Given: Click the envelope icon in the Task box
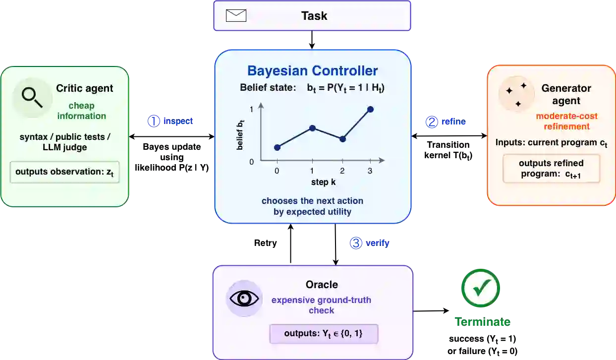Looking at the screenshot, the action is coord(236,15).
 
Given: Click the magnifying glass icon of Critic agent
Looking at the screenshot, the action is coord(32,97).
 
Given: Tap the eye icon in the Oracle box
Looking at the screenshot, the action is coord(244,299).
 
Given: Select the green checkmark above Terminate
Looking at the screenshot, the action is coord(481,288).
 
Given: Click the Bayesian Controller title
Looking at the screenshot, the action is coord(312,71).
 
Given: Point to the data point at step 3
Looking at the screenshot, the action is coord(370,109).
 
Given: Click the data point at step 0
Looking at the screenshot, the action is coord(277,148).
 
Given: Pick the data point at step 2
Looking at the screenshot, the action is coord(342,139).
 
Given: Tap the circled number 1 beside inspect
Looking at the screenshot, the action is coord(154,121).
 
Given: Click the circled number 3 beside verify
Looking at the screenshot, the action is coord(356,243).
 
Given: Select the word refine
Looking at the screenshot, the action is coord(453,121).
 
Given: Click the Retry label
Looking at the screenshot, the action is coord(265,243).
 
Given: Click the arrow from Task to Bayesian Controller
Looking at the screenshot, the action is coord(312,40).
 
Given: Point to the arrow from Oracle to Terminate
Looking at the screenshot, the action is coord(431,311).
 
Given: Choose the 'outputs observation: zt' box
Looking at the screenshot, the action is coord(64,172).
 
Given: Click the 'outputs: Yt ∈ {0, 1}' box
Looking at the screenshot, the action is coord(324,334).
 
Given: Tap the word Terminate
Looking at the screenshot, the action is coord(482,321).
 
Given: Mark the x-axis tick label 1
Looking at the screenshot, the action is coord(312,171).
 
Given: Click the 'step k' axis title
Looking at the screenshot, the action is coord(324,182).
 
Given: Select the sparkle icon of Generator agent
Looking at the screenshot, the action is coord(516,94).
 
